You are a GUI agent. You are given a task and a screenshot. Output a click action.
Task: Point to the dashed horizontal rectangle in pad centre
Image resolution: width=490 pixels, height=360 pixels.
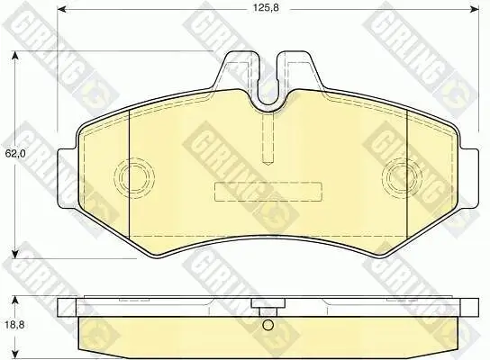click(268, 192)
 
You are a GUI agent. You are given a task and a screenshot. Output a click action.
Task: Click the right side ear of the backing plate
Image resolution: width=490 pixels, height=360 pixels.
click(468, 172)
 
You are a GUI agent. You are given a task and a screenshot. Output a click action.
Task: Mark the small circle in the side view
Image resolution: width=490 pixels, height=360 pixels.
click(267, 327)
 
